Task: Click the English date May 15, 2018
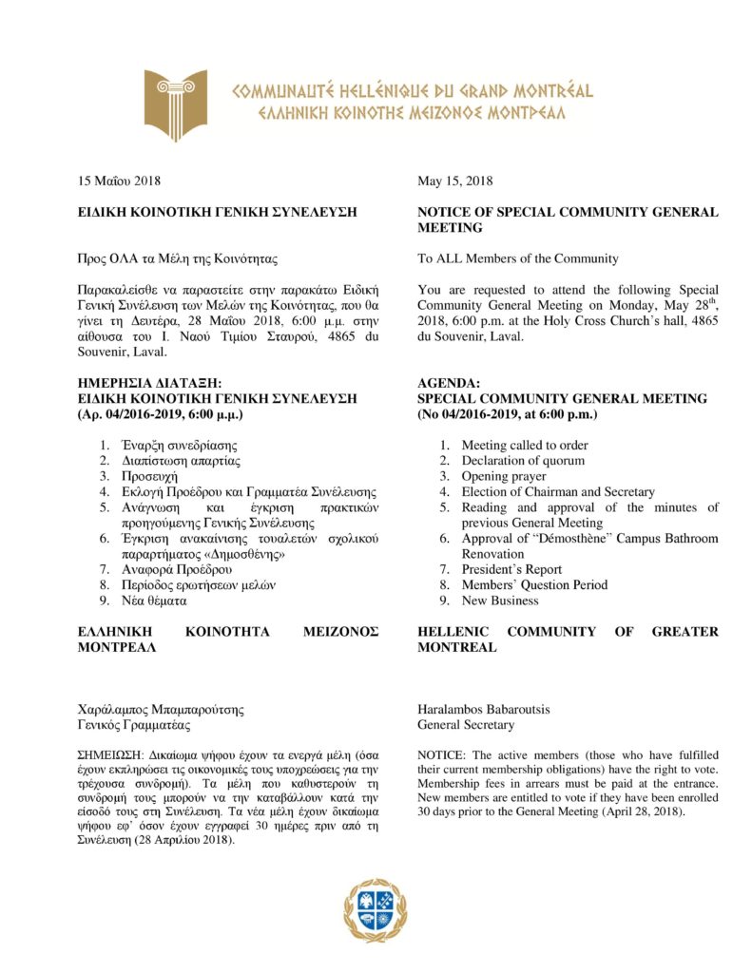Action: click(x=455, y=181)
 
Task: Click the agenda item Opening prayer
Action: click(x=504, y=476)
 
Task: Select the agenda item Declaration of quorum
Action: click(x=523, y=461)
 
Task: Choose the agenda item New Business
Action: click(x=500, y=601)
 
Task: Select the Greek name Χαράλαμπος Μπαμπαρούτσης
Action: click(x=161, y=709)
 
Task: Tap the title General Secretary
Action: click(x=466, y=725)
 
